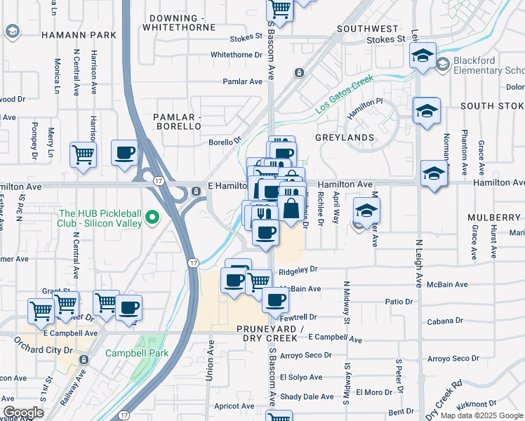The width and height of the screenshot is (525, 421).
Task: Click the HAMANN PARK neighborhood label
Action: point(78,34)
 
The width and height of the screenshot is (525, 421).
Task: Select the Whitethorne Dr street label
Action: point(236,54)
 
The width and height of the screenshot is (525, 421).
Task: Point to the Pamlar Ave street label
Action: point(242,81)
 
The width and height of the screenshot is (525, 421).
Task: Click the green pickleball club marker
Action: point(152,219)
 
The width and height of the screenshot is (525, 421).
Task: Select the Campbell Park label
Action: point(137,353)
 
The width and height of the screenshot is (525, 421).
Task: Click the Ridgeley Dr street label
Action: point(298,269)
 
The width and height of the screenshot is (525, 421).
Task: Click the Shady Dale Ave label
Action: point(307,396)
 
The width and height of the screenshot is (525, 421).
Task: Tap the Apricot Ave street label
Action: point(234,406)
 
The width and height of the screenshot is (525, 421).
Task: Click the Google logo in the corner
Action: point(23,413)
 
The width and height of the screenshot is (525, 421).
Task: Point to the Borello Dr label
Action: point(225,142)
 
